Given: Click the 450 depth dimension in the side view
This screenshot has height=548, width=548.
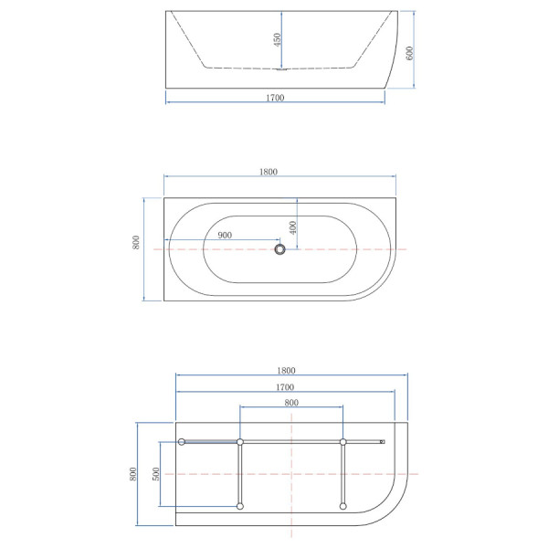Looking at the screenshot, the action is [278, 40].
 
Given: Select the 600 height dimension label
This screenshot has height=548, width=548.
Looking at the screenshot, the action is [409, 53].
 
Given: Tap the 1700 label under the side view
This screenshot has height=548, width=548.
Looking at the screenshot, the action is [275, 98].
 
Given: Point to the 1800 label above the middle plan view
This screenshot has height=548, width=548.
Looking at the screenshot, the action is [269, 172].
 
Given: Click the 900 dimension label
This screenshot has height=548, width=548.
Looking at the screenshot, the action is [225, 236].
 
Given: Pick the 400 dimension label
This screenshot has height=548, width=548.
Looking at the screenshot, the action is [293, 227].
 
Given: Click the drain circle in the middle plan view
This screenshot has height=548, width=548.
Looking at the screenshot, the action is [279, 249].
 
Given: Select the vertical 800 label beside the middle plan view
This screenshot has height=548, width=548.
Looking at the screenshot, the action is [136, 242].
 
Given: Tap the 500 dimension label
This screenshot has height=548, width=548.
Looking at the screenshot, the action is [156, 474].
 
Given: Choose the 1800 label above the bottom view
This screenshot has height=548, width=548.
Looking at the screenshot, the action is [286, 371].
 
